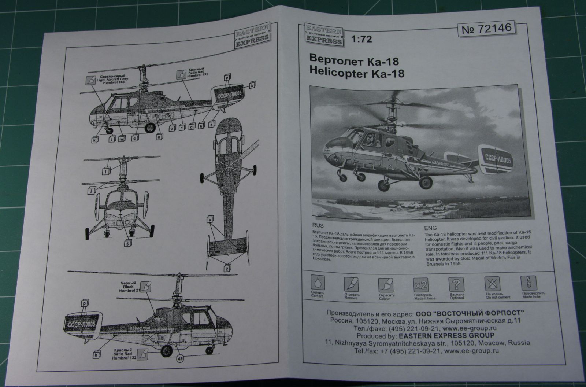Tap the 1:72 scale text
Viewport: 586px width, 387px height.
[x=361, y=39]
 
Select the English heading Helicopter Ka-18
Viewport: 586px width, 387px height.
[x=357, y=73]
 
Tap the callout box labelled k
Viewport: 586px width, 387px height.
[x=95, y=140]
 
